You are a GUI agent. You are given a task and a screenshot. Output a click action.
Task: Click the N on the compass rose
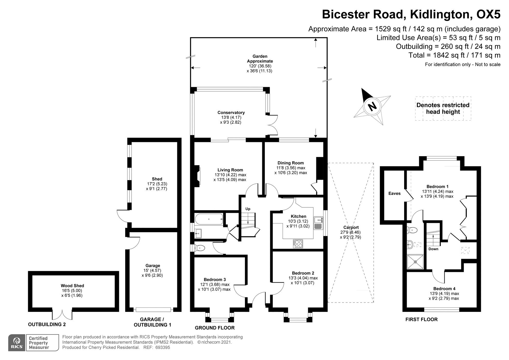pyautogui.click(x=372, y=106)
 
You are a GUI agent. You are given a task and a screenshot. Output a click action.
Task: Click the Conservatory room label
pyautogui.click(x=231, y=113)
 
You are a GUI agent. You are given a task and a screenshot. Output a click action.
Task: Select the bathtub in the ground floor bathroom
pyautogui.click(x=209, y=219)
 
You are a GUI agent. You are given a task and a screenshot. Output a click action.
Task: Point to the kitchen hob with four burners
pyautogui.click(x=298, y=244)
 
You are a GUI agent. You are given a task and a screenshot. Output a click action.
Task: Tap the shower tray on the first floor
pyautogui.click(x=415, y=262)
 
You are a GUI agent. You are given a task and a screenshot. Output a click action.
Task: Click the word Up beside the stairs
pyautogui.click(x=248, y=209)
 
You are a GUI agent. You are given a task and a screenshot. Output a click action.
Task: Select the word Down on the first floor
pyautogui.click(x=433, y=249)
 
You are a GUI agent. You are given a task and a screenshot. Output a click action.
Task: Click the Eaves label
pyautogui.click(x=394, y=194)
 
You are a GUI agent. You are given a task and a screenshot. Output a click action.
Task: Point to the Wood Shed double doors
pyautogui.click(x=62, y=314)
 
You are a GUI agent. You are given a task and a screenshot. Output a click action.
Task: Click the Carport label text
pyautogui.click(x=351, y=227)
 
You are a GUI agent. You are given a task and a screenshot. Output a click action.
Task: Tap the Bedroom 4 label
pyautogui.click(x=444, y=289)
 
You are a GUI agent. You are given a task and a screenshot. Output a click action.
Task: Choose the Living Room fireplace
pyautogui.click(x=198, y=176)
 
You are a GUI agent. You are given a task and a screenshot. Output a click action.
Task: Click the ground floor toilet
pyautogui.click(x=200, y=248)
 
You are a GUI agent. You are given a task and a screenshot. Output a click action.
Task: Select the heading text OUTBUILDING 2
pyautogui.click(x=47, y=324)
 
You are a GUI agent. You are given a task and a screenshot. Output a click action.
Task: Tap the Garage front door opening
pyautogui.click(x=153, y=309)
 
